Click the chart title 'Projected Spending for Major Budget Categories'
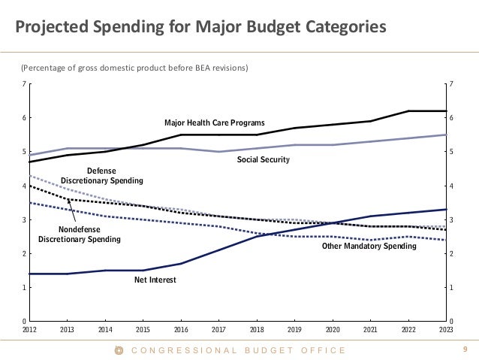199,28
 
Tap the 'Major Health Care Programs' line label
215,122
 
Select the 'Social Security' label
264,160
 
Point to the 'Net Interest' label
155,280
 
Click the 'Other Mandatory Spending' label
369,246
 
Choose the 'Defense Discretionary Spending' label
101,176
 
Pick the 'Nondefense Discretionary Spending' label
80,234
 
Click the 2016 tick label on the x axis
181,329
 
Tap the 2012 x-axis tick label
29,329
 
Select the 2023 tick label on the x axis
447,329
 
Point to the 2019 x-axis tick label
295,329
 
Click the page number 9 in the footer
465,349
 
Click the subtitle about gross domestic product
134,69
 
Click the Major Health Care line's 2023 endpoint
446,111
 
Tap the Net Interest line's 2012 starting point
30,274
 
